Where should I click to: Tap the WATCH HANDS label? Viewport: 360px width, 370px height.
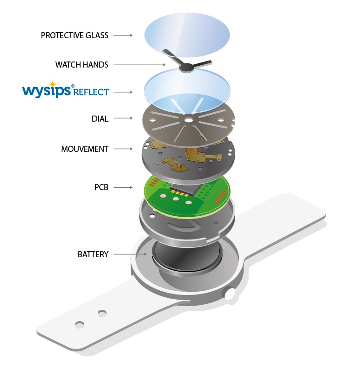pos(82,65)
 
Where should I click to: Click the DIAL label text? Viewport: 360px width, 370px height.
pos(100,119)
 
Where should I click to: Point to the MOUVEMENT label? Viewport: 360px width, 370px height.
pos(85,149)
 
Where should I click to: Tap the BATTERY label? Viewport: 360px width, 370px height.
pos(93,254)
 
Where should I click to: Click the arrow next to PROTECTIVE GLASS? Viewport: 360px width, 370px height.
pos(123,35)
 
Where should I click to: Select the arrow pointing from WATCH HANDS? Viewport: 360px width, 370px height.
pos(139,65)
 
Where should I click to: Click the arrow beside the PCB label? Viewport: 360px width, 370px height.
pos(123,187)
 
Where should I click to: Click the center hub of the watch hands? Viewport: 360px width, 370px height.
pos(187,68)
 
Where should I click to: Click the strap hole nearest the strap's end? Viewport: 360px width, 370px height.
pos(79,323)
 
